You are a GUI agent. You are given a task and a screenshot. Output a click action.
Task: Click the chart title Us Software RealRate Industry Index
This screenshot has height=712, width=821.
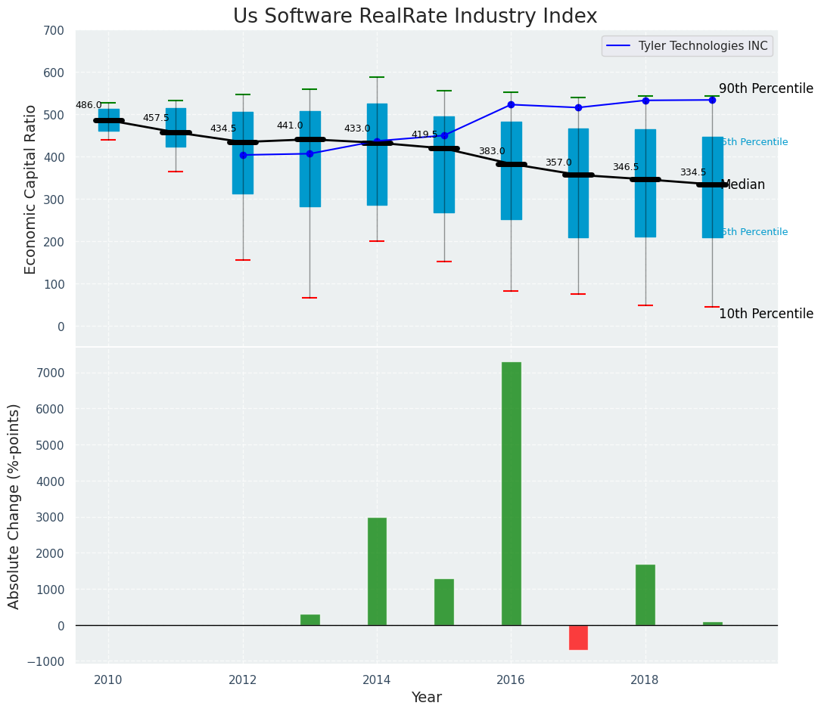click(x=415, y=17)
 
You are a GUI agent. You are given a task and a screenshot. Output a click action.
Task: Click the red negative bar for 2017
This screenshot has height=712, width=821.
click(x=578, y=637)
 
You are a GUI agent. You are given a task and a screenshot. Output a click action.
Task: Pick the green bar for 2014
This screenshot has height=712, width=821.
click(x=377, y=571)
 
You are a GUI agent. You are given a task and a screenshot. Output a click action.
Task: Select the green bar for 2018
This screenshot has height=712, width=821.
click(x=645, y=595)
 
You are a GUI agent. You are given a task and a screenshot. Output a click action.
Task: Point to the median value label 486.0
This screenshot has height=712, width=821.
click(x=89, y=106)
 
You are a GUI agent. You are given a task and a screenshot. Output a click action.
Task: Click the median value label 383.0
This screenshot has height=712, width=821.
click(x=491, y=152)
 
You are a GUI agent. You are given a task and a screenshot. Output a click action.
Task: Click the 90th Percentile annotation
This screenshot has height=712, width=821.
click(x=766, y=88)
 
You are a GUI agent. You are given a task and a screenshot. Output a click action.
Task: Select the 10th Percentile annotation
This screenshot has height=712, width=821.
click(x=766, y=314)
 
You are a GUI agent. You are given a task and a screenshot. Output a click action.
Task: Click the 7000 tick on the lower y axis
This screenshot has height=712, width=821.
click(x=51, y=373)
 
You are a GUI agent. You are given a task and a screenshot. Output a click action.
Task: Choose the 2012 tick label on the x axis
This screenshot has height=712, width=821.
click(x=243, y=679)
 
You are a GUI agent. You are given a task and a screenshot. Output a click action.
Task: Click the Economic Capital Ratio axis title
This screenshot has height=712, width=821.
click(x=31, y=189)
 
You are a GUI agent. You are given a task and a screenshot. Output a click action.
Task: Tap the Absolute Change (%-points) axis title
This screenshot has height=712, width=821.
click(x=14, y=506)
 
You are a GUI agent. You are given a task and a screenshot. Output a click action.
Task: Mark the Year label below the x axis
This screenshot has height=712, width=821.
click(x=426, y=698)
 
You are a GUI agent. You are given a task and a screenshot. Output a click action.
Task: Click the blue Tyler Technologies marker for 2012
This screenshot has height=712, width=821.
click(x=243, y=155)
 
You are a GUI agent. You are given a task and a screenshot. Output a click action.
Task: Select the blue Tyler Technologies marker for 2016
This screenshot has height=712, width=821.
click(x=511, y=104)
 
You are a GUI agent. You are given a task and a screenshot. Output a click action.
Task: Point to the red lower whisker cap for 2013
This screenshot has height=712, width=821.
click(x=309, y=298)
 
